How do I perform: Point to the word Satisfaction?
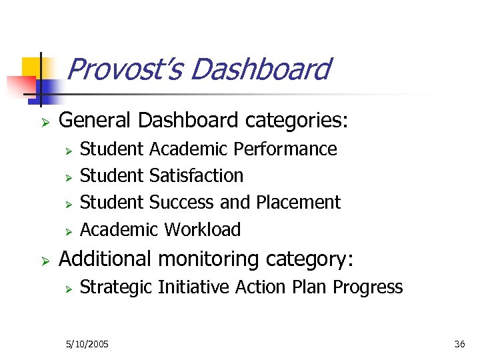(x=197, y=175)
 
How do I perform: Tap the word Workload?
(x=202, y=229)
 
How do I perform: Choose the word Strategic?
(x=116, y=287)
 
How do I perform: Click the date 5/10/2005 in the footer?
(x=87, y=344)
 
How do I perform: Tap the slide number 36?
(x=459, y=344)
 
